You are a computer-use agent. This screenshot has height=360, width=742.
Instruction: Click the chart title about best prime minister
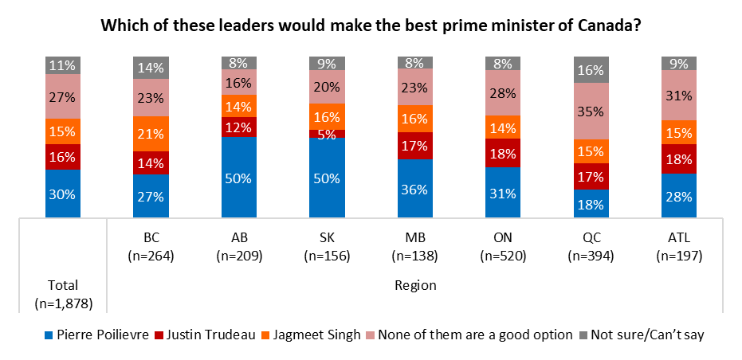pyautogui.click(x=371, y=25)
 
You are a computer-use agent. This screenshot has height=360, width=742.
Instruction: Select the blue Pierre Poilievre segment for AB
pyautogui.click(x=238, y=176)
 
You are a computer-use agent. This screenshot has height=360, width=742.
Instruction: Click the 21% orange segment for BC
pyautogui.click(x=150, y=133)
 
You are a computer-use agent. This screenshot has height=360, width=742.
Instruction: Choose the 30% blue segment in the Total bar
pyautogui.click(x=63, y=193)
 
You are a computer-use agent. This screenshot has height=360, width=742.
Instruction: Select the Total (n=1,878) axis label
pyautogui.click(x=63, y=292)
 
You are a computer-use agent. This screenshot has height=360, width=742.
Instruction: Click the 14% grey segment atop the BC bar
pyautogui.click(x=150, y=68)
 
